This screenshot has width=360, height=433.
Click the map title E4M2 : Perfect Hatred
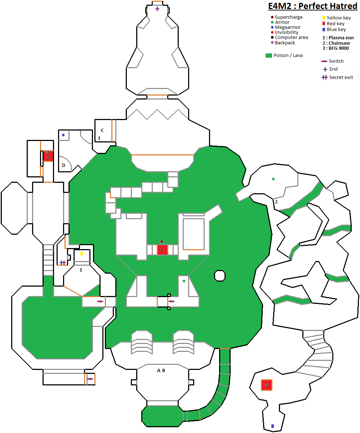(312, 6)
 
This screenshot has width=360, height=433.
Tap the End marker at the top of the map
(157, 9)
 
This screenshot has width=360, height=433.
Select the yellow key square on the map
(81, 253)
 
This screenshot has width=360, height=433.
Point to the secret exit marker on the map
(62, 262)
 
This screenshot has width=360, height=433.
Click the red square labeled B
(266, 385)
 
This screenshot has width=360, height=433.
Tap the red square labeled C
(162, 250)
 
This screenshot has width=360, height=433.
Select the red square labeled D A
(48, 156)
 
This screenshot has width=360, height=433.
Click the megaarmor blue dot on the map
(63, 135)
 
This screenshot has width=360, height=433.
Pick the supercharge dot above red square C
(161, 241)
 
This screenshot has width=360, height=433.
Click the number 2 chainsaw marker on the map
(276, 202)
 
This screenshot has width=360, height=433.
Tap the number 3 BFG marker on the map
(99, 138)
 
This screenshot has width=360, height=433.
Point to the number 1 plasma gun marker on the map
(81, 270)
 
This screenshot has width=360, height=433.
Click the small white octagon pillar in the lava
(220, 276)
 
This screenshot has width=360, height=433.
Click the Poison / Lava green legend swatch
(268, 56)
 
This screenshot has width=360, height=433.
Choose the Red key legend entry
(333, 23)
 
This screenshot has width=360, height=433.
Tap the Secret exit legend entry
(337, 78)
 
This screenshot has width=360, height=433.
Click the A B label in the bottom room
(161, 370)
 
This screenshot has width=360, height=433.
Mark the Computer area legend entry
(289, 37)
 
